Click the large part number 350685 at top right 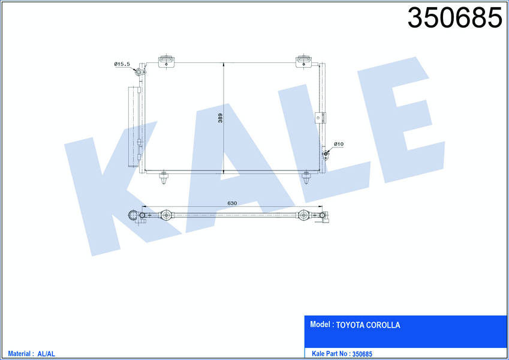coord(455,18)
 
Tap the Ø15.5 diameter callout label coord(122,64)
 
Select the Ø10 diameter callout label coord(339,144)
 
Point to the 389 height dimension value coord(221,118)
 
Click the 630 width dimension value coord(232,203)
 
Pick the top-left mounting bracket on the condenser coord(166,61)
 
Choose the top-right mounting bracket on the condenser coord(303,61)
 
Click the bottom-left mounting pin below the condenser coord(164,178)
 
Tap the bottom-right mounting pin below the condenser coord(306,178)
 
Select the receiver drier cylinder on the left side coord(134,127)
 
